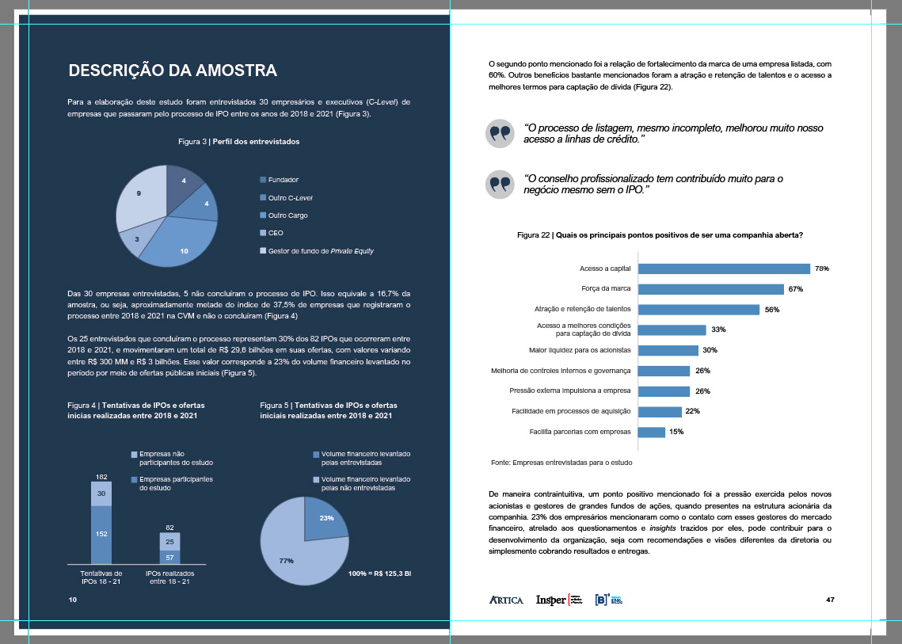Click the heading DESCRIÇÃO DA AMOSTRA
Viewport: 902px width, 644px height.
click(173, 70)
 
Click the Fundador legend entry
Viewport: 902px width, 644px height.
click(283, 180)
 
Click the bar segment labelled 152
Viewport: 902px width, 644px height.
click(101, 534)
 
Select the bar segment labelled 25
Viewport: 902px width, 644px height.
click(169, 542)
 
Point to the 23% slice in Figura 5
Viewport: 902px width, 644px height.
click(325, 518)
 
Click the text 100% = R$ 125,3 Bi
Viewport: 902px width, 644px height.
click(379, 572)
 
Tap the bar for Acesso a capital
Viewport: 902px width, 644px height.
click(724, 269)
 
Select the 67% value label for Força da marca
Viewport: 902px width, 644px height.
click(795, 289)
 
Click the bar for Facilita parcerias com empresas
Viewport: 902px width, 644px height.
click(651, 432)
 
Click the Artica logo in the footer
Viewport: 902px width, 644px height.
click(506, 600)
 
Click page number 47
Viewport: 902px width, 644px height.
click(830, 599)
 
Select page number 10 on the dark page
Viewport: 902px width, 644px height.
click(72, 600)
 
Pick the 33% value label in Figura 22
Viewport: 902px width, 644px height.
click(719, 330)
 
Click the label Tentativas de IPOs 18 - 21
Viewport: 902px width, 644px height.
click(101, 577)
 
